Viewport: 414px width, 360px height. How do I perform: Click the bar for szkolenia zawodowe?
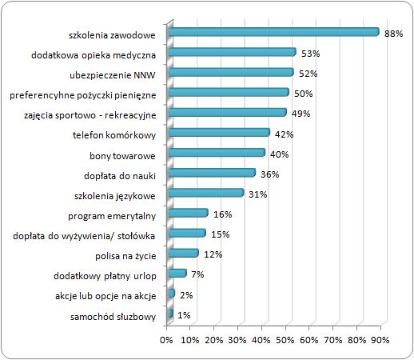(274, 32)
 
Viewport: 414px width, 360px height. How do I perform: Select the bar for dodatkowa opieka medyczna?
(233, 52)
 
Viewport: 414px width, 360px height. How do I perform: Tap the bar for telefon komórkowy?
(219, 133)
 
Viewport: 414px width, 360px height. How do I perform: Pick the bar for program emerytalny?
(189, 213)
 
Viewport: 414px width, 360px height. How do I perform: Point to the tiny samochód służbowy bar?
(171, 314)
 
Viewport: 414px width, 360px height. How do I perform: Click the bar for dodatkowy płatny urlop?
(177, 273)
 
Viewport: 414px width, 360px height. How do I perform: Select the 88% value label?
(393, 34)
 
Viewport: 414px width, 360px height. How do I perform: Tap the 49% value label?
(301, 114)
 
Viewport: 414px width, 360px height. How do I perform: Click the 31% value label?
(258, 194)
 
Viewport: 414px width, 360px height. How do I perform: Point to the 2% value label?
(186, 295)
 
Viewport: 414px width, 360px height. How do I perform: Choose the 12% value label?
(213, 254)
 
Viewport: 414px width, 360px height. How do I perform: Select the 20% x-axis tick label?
(214, 340)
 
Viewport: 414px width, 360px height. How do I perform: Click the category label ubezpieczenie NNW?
(113, 75)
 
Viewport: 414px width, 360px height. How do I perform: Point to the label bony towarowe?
(122, 156)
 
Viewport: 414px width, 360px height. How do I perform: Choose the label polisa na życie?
(125, 256)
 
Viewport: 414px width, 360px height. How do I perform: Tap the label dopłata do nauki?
(120, 176)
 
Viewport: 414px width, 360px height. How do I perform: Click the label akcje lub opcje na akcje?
(105, 296)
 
